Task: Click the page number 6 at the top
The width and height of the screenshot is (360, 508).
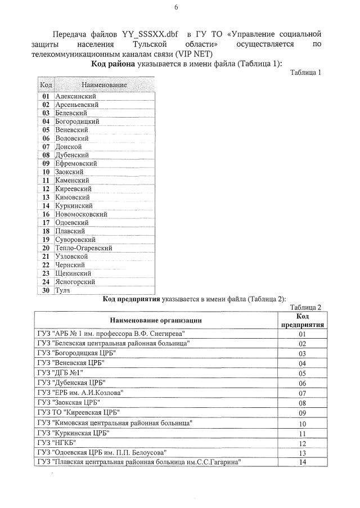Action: coord(176,7)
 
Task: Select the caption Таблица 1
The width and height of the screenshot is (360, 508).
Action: coord(305,73)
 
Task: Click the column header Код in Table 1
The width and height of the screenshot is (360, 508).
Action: coord(46,85)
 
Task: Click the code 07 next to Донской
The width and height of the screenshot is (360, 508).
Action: coord(46,147)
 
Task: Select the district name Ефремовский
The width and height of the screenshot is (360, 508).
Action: coord(78,163)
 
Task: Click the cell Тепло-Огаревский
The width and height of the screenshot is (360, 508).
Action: coord(84,248)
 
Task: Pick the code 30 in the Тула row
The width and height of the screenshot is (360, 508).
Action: coord(46,290)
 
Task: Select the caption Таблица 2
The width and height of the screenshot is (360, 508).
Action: coord(305,307)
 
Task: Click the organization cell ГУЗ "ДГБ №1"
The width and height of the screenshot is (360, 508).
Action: coord(60,373)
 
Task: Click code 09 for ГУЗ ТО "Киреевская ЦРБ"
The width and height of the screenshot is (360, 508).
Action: coord(302,413)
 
